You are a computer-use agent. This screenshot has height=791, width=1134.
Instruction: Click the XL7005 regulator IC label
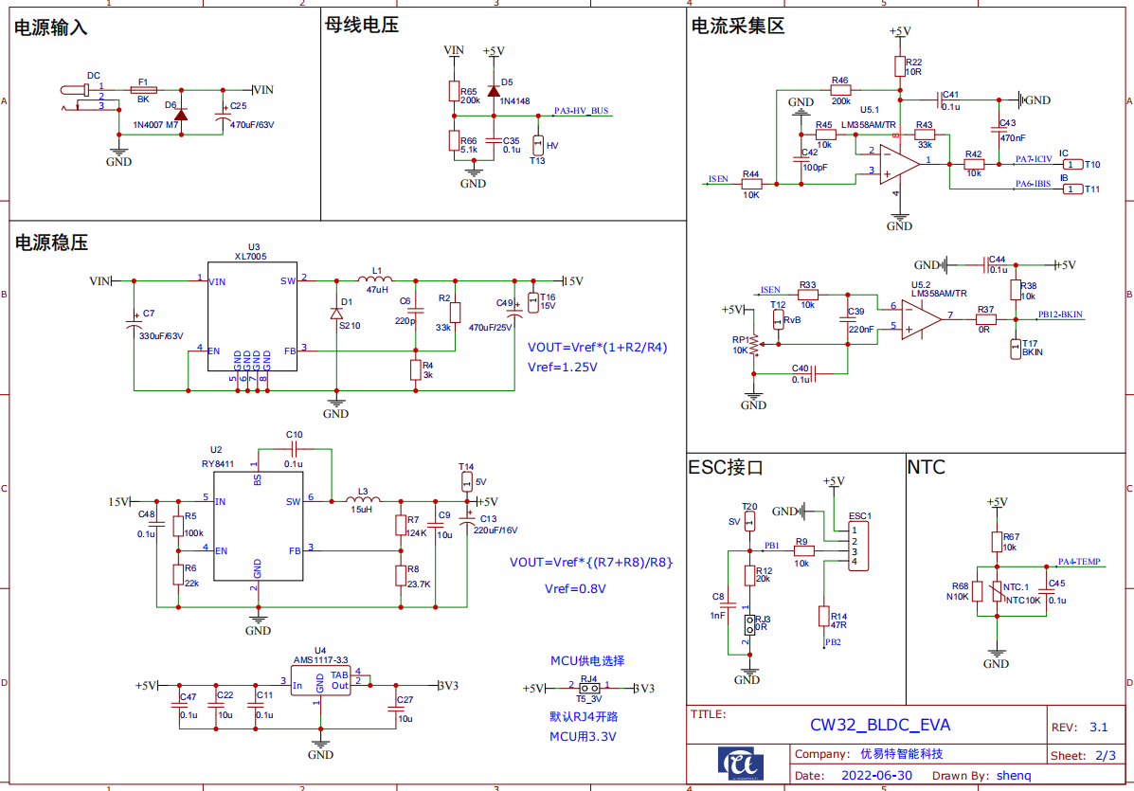[x=251, y=256]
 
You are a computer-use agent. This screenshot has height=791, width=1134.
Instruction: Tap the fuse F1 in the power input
[x=143, y=89]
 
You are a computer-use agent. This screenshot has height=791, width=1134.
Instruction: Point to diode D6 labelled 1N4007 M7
[x=180, y=115]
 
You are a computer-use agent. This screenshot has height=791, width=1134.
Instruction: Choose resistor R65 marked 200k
[x=453, y=91]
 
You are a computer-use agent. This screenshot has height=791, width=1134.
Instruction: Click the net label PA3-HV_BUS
[x=581, y=111]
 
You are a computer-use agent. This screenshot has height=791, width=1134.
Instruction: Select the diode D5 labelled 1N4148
[x=493, y=91]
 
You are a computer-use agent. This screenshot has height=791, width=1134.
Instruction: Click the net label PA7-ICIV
[x=1033, y=159]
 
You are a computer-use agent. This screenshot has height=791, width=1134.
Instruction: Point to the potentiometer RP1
[x=754, y=348]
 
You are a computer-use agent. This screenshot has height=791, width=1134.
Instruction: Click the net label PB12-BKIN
[x=1060, y=314]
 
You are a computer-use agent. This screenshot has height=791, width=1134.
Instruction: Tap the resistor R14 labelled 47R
[x=823, y=617]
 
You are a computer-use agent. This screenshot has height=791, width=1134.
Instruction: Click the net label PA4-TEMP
[x=1078, y=561]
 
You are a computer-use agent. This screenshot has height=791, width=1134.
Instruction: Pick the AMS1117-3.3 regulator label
[x=320, y=659]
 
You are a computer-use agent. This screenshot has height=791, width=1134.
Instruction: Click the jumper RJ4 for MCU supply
[x=589, y=688]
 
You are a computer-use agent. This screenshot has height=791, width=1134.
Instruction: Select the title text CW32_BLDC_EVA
[x=879, y=726]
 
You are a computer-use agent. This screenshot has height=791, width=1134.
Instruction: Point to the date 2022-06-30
[x=876, y=775]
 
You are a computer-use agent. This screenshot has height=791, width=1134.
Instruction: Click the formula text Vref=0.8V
[x=575, y=588]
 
